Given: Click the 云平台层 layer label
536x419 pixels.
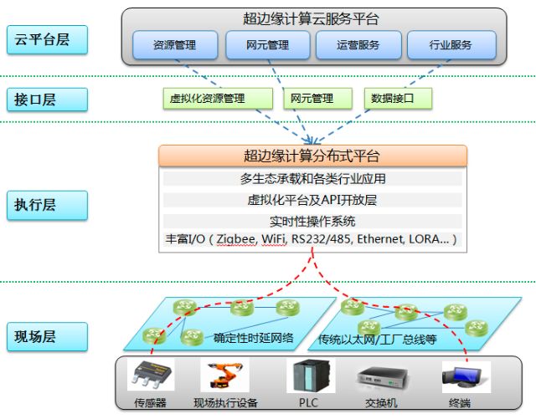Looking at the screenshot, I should click(x=46, y=39).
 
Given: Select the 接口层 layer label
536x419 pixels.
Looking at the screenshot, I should click(x=46, y=100).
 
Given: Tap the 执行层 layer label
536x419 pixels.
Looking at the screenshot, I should click(x=46, y=202).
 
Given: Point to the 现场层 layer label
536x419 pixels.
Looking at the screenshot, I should click(x=46, y=337).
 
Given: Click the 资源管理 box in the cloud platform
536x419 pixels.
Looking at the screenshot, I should click(x=175, y=45).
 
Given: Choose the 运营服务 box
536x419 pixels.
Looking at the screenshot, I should click(x=358, y=45).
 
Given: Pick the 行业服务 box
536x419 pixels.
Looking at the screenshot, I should click(x=450, y=45).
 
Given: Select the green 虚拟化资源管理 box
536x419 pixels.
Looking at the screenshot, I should click(x=218, y=99).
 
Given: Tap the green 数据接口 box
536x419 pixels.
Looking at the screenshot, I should click(x=399, y=99).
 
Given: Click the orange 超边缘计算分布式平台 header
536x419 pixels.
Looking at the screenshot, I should click(x=312, y=156).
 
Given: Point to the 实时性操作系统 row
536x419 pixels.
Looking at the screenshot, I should click(x=312, y=221).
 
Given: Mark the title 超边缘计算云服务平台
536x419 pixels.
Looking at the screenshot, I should click(x=312, y=19).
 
